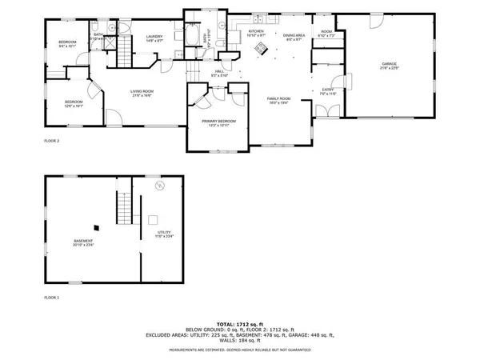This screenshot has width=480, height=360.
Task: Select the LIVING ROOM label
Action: (142, 92)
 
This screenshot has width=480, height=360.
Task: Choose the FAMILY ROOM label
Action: (278, 99)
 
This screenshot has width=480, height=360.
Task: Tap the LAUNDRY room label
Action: (155, 36)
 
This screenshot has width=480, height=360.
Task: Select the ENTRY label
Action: (328, 90)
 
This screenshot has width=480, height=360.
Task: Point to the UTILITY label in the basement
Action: (165, 234)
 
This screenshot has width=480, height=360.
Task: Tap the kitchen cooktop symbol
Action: (260, 48)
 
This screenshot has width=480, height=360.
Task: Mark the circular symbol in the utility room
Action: (159, 186)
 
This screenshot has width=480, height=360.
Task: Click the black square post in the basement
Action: (96, 225)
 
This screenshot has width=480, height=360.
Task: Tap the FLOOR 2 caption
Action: (52, 141)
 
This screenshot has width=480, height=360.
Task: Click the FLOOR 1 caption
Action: (52, 297)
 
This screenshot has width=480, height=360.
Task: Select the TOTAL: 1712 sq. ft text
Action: (239, 324)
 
